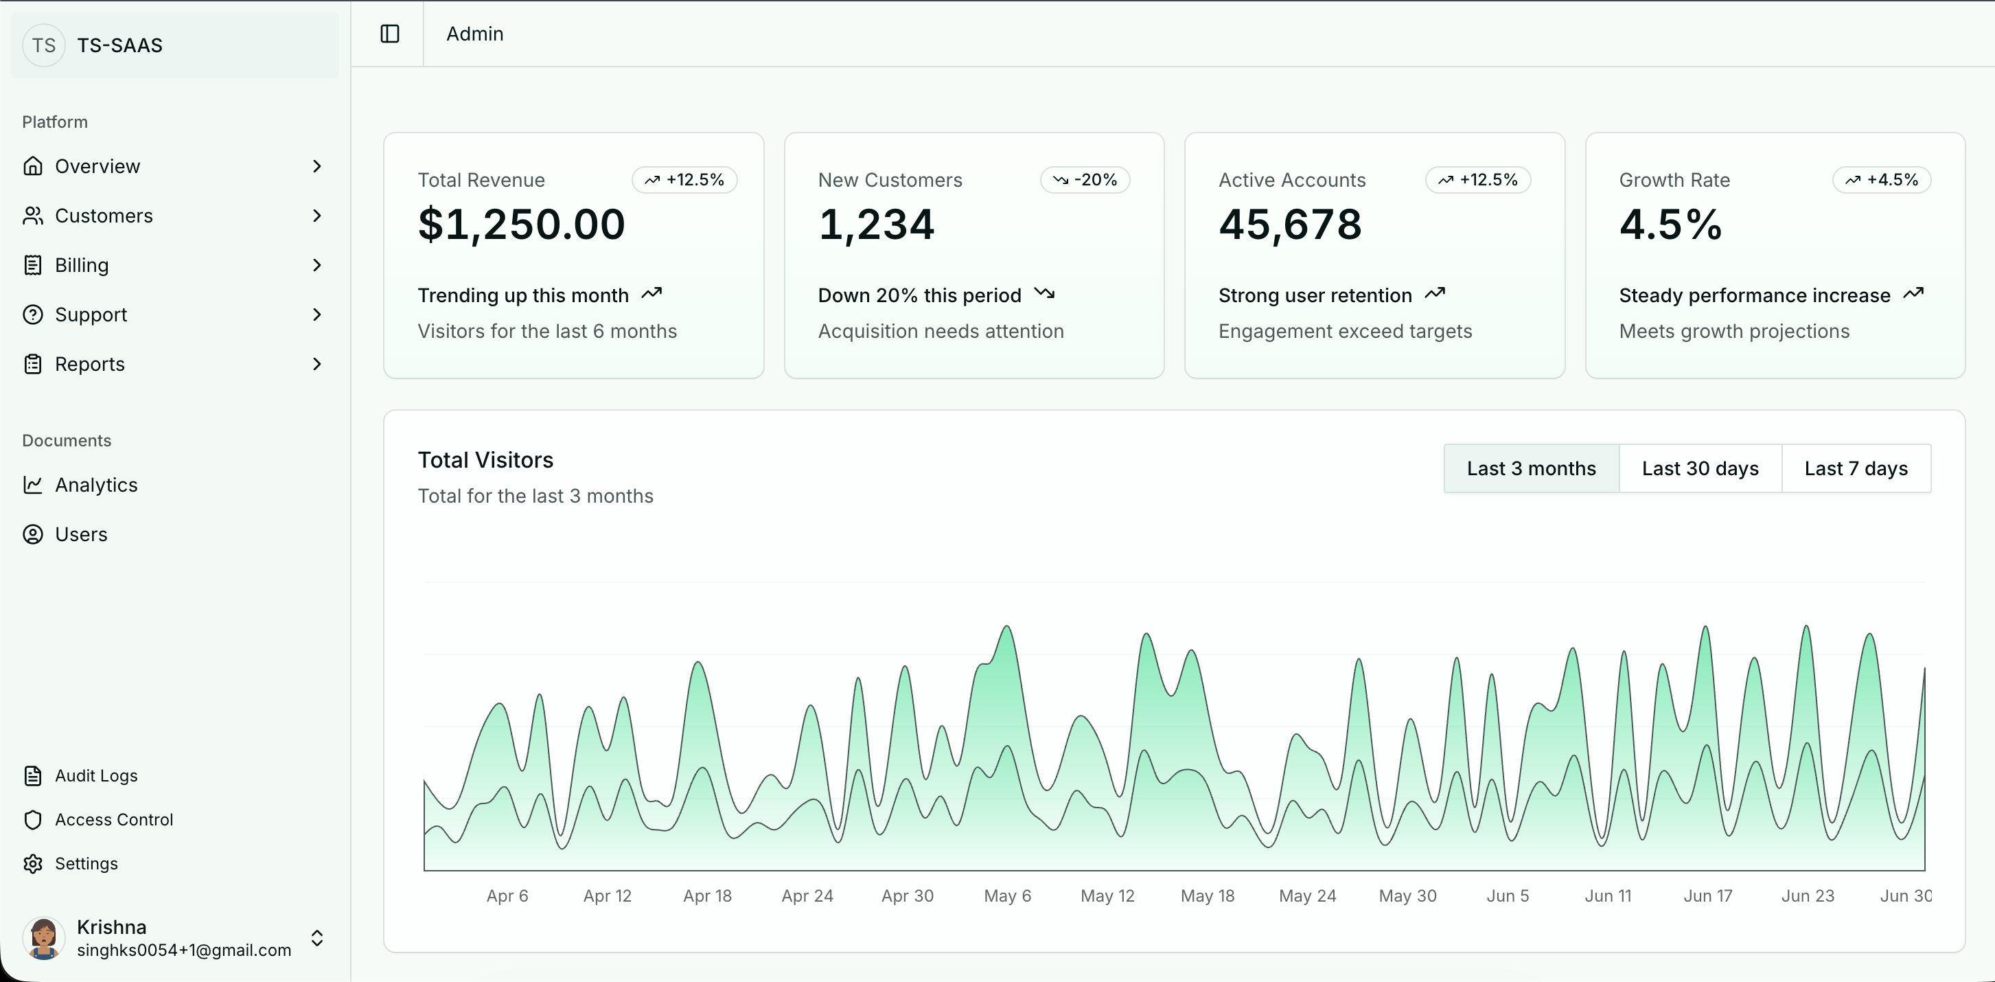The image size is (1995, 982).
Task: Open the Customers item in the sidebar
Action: tap(104, 216)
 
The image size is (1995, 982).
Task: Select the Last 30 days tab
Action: tap(1700, 468)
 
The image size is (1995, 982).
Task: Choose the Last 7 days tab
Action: tap(1856, 468)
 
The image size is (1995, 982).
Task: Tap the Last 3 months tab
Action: tap(1531, 468)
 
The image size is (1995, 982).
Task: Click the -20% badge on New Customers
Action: tap(1085, 180)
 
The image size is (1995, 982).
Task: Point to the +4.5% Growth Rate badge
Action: tap(1881, 180)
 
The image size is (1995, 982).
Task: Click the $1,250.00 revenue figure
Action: tap(521, 225)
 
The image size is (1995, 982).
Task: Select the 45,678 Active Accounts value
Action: tap(1290, 225)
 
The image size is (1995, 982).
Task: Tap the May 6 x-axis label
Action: tap(1007, 896)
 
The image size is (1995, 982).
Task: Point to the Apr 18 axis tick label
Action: tap(707, 896)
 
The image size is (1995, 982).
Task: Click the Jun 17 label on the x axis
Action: tap(1707, 896)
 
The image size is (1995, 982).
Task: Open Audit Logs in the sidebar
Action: tap(96, 776)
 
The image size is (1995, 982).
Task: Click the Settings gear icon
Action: tap(32, 863)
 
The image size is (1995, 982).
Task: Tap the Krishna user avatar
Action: tap(44, 938)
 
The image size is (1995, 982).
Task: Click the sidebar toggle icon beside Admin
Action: tap(389, 34)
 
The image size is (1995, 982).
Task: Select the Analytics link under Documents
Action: tap(96, 486)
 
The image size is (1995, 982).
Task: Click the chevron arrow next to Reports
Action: tap(316, 365)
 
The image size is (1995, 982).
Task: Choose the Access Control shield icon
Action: tap(32, 820)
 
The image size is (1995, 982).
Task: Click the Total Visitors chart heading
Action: tap(485, 460)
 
